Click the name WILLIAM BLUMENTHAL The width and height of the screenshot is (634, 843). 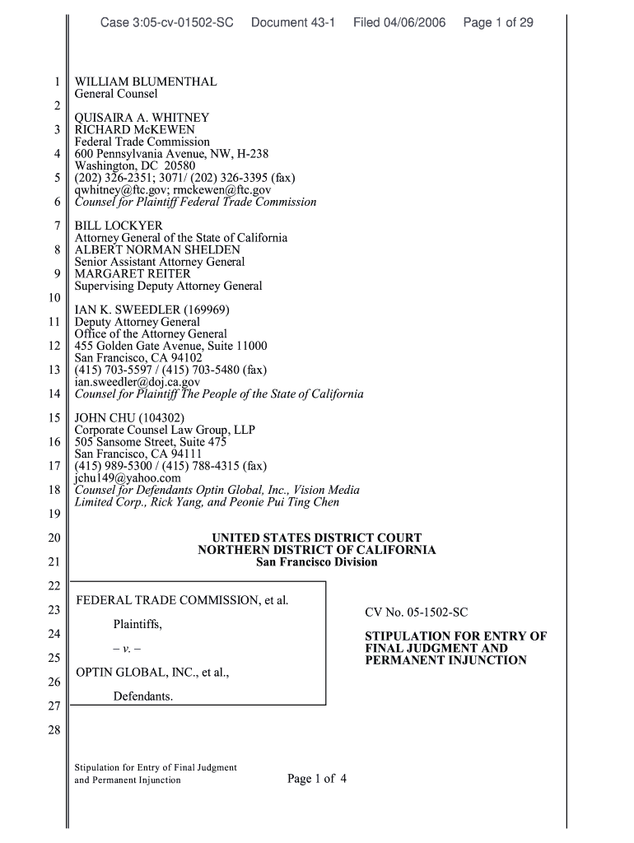146,82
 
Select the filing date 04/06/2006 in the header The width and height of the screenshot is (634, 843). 415,22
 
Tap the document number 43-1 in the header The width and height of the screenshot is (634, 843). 320,22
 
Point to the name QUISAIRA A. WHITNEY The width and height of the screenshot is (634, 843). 142,118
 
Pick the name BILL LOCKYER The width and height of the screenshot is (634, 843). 119,226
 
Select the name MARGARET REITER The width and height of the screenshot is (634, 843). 133,273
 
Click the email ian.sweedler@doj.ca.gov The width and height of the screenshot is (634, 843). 137,382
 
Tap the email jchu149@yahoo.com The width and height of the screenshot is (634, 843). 127,477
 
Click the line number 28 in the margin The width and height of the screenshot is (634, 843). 54,729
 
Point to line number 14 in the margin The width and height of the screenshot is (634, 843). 54,394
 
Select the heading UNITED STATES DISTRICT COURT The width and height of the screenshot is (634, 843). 317,538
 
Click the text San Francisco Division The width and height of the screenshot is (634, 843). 317,561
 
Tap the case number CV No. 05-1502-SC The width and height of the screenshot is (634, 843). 416,612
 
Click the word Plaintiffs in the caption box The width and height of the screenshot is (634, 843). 138,624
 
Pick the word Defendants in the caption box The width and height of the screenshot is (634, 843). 142,696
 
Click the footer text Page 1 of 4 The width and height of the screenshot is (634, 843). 317,778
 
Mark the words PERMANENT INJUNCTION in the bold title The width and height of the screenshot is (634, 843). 445,660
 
